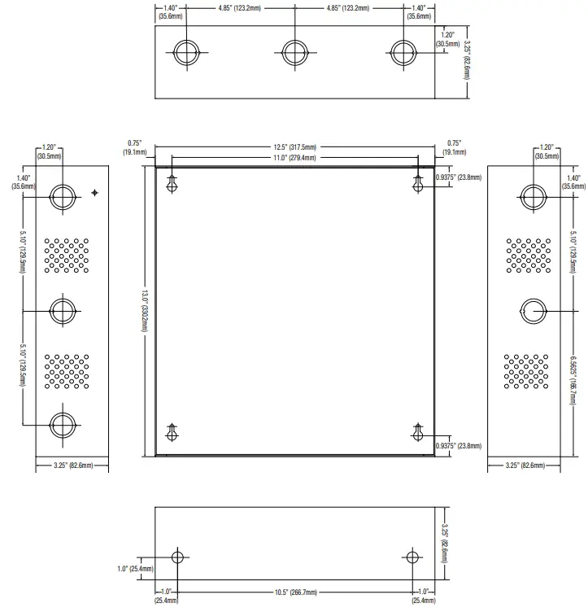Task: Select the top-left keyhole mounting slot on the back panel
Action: pos(172,184)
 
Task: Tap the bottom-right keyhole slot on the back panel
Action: pos(418,432)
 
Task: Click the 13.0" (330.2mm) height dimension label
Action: pos(145,311)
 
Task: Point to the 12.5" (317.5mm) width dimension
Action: pos(294,147)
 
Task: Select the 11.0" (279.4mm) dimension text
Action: pos(294,158)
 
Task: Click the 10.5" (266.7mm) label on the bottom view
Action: pos(295,592)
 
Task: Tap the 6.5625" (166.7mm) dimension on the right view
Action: pos(573,381)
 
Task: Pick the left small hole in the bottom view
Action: pos(177,557)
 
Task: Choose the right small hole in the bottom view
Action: pos(412,557)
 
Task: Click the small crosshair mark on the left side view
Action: pos(95,192)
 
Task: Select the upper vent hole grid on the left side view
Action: pos(67,256)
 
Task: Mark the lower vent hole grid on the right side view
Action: pos(526,371)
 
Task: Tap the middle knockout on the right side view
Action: pos(534,311)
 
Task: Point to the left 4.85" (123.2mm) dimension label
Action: pos(239,8)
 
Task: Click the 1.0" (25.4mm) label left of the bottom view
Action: pos(135,569)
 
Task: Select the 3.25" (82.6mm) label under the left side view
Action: pos(73,466)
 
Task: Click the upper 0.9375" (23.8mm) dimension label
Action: pos(459,177)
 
